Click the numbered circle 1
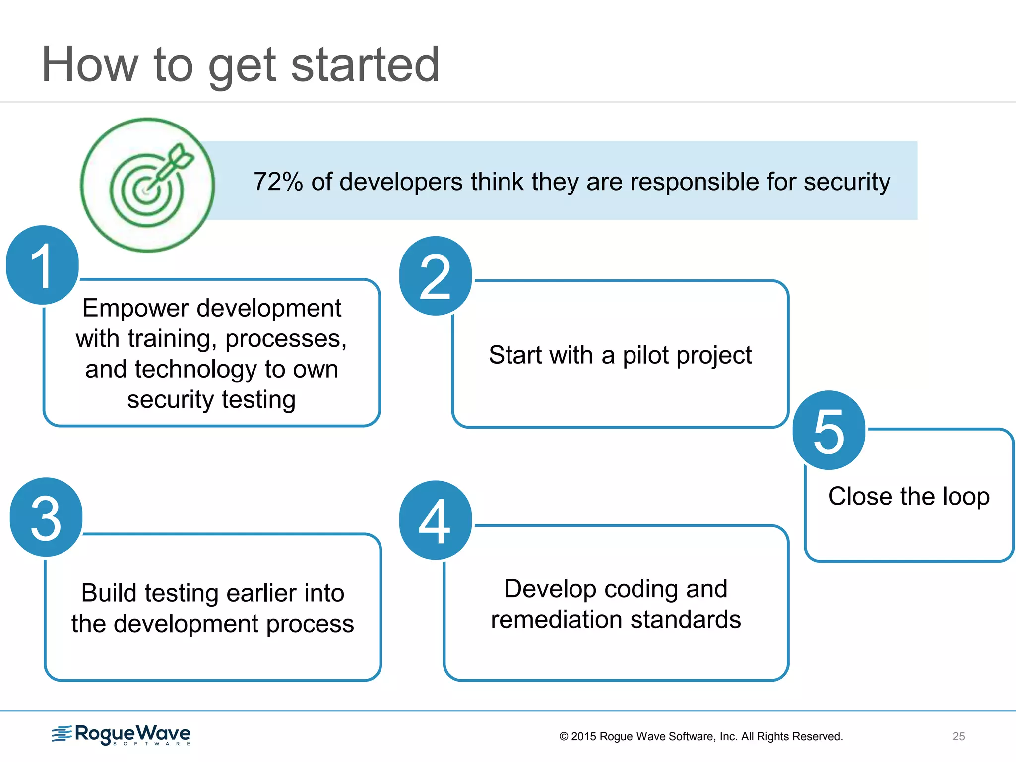click(43, 265)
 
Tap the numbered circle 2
click(435, 276)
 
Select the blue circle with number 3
click(46, 517)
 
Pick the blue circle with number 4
click(435, 520)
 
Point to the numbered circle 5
click(829, 430)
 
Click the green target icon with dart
click(147, 185)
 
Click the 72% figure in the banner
click(278, 182)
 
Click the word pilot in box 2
click(645, 355)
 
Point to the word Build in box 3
click(109, 593)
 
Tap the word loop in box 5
click(965, 496)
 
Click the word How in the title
click(89, 64)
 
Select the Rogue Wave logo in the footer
click(121, 734)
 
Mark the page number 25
click(958, 736)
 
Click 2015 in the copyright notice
click(583, 736)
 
